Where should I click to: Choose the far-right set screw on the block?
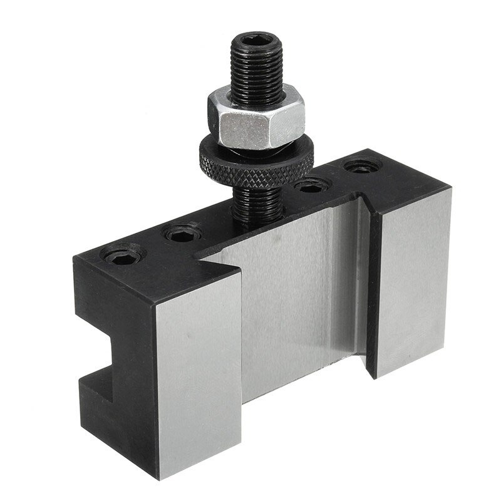pos(361,167)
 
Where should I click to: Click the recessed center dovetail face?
pos(294,301)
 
